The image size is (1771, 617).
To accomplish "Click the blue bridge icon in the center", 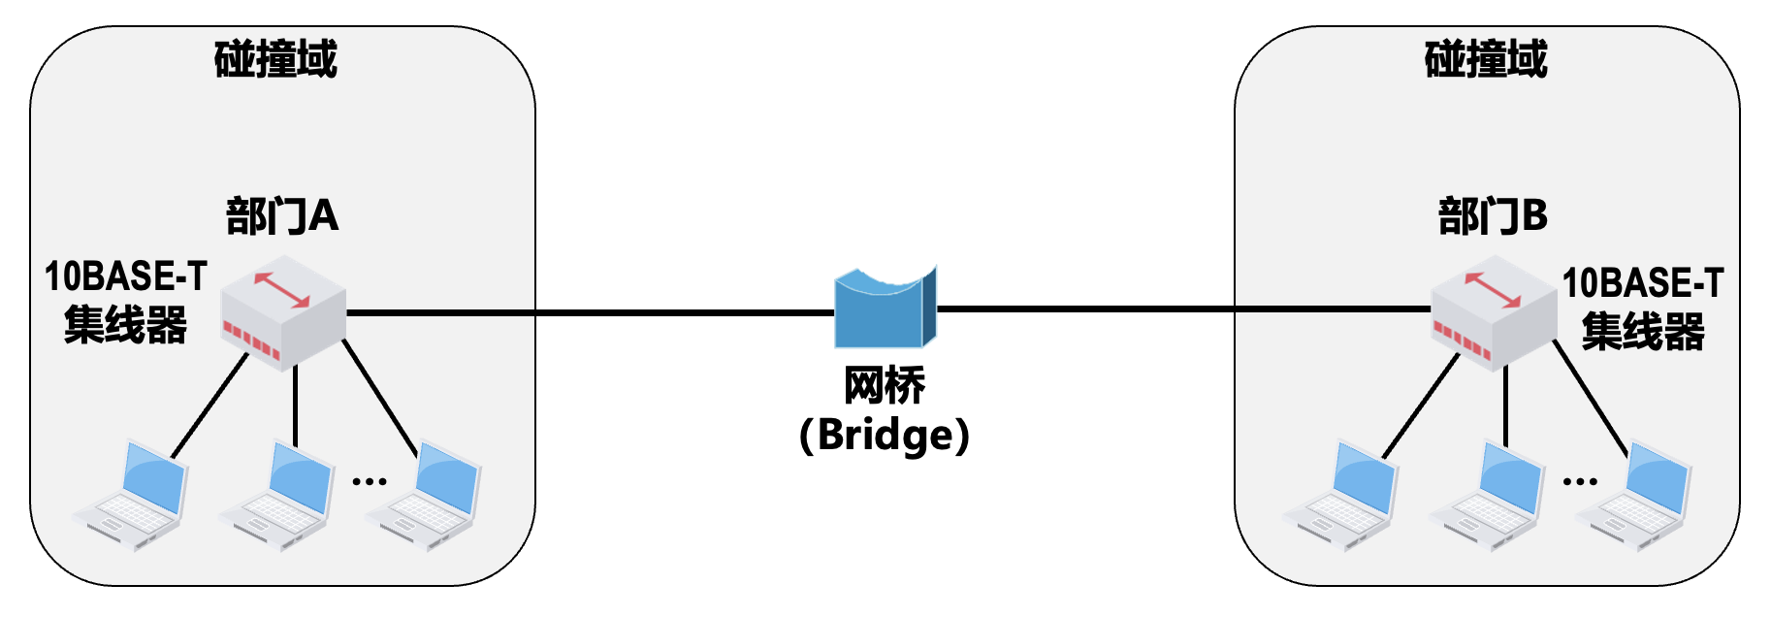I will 885,308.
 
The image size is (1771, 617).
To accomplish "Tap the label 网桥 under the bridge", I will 885,386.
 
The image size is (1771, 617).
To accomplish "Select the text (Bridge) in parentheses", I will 884,435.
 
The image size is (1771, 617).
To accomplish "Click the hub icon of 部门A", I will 283,312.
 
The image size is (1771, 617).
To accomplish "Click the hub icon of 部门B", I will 1494,312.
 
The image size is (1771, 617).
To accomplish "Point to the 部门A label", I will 282,215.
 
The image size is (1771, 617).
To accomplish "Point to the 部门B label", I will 1493,215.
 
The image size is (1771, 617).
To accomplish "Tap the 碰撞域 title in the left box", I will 275,59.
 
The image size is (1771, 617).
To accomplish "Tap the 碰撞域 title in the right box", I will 1486,59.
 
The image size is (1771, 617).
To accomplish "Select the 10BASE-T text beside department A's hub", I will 126,277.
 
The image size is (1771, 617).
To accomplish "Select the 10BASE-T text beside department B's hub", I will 1642,283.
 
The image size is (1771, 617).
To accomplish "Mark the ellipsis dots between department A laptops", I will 370,481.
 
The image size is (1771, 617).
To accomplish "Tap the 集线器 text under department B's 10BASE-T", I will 1643,332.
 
